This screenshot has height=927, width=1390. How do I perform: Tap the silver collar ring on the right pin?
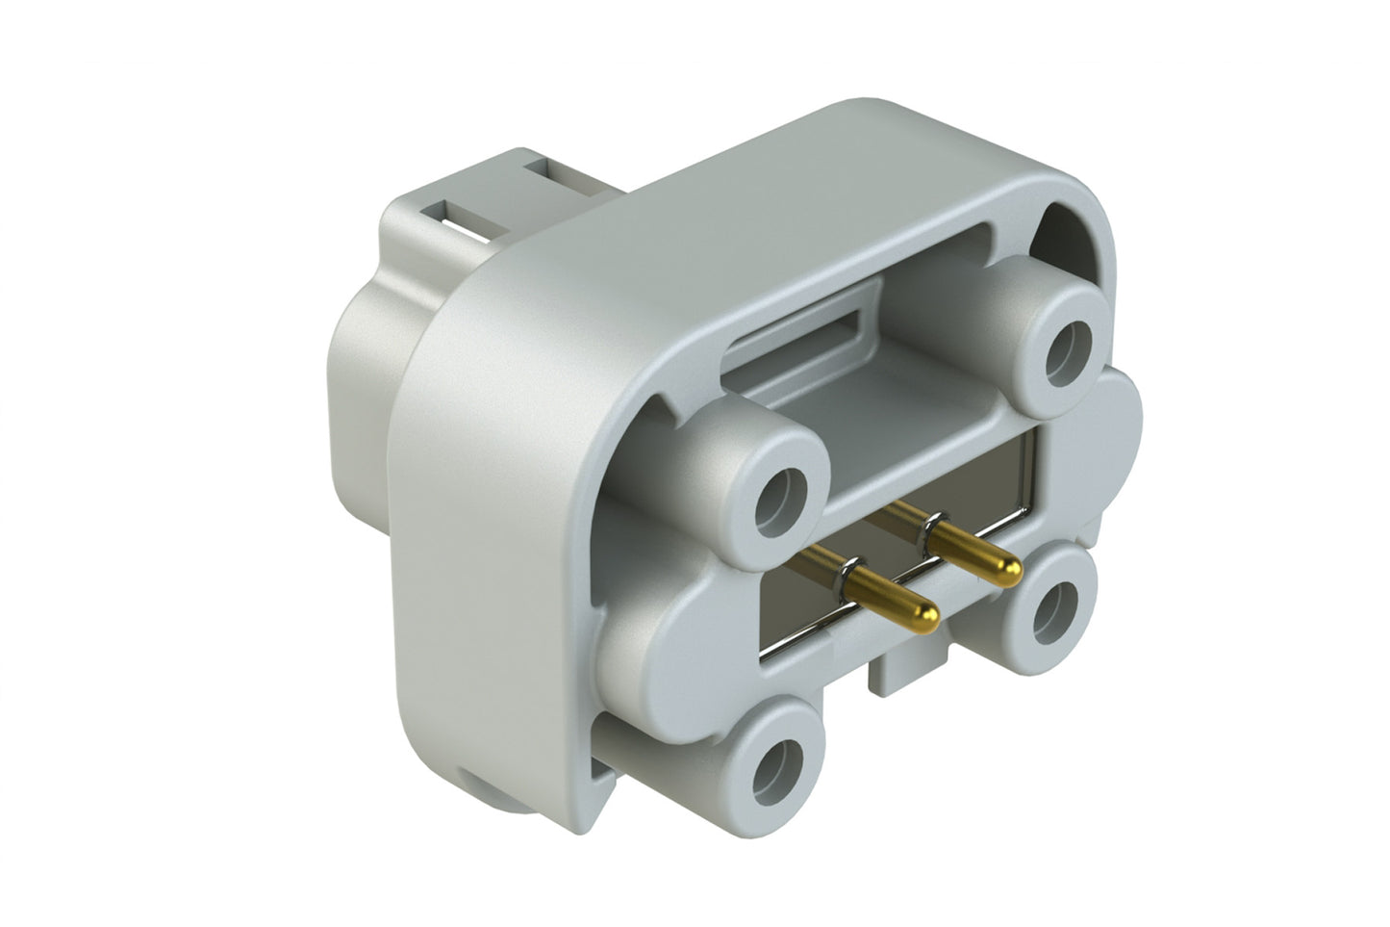pyautogui.click(x=930, y=526)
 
